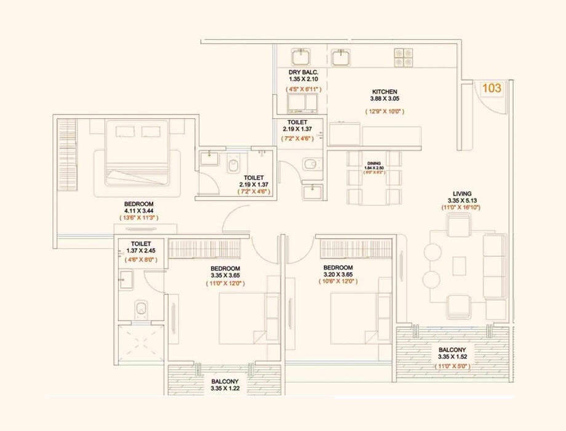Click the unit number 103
pyautogui.click(x=491, y=88)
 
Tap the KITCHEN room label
pyautogui.click(x=385, y=92)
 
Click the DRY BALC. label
pyautogui.click(x=302, y=72)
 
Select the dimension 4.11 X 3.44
pyautogui.click(x=138, y=211)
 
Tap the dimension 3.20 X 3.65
pyautogui.click(x=338, y=275)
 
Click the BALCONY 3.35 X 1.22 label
pyautogui.click(x=224, y=384)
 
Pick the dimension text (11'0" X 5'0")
pyautogui.click(x=452, y=366)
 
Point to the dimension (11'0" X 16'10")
pyautogui.click(x=460, y=208)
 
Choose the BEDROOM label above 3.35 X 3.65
pyautogui.click(x=225, y=268)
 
